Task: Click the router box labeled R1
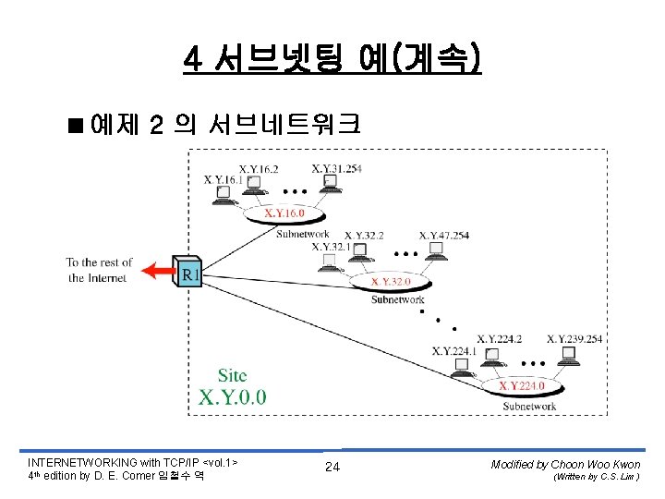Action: (x=188, y=272)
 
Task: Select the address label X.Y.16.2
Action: (x=260, y=169)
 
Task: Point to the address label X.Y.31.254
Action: (x=337, y=168)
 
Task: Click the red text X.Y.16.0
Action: (x=284, y=213)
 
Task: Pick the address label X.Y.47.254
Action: (x=444, y=236)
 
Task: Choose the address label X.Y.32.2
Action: (x=365, y=236)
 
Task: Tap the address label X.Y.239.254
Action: (x=574, y=339)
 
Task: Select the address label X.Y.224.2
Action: (x=499, y=339)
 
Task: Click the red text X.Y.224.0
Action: (x=528, y=384)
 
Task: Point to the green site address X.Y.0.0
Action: (x=232, y=397)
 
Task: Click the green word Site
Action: (x=232, y=375)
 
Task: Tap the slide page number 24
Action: (x=332, y=468)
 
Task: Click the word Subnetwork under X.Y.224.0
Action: (x=529, y=406)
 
